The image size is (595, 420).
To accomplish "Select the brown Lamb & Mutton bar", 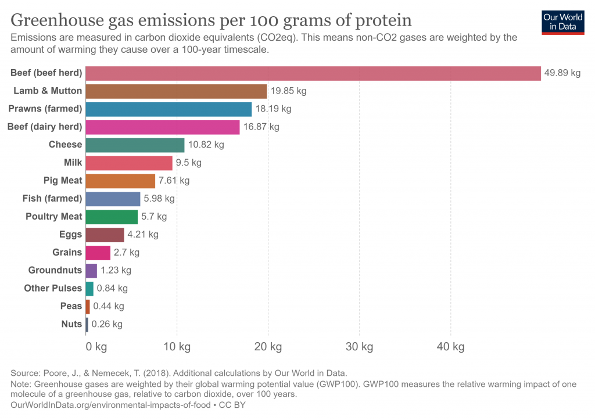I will [x=176, y=91].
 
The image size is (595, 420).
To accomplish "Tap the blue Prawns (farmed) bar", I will [x=169, y=109].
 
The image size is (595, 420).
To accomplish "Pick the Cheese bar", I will [x=135, y=145].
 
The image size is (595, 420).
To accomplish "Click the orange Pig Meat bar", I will [x=120, y=181].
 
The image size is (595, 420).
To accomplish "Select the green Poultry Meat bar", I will [x=112, y=217].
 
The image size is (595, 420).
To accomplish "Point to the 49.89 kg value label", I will [x=562, y=73].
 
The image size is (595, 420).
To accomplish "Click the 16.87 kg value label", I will [x=261, y=127].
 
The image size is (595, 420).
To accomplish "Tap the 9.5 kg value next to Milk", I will [x=189, y=163].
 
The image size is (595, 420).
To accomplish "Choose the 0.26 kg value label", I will [x=107, y=324].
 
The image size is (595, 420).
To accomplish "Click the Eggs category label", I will [x=70, y=235].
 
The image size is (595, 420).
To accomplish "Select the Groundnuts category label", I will [x=55, y=270].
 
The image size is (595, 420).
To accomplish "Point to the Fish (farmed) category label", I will [x=52, y=199].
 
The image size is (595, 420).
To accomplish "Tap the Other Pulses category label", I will [x=53, y=288].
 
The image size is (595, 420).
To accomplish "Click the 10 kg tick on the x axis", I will [x=177, y=347].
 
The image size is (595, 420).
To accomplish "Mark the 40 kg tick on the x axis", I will [x=450, y=347].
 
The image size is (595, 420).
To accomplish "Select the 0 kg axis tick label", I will [x=96, y=347].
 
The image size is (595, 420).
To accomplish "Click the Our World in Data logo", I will [x=562, y=21].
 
